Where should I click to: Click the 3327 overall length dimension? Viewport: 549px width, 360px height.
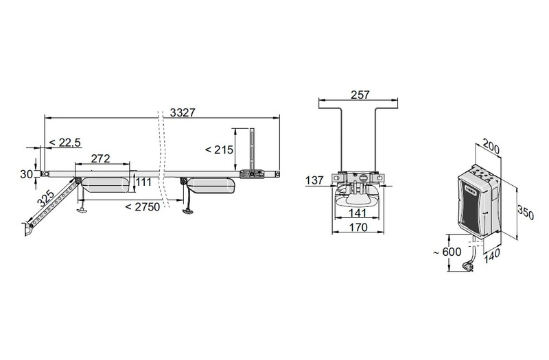point(183,112)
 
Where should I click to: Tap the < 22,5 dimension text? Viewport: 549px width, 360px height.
point(65,143)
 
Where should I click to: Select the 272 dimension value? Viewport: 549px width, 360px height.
point(100,158)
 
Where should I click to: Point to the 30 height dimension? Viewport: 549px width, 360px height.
point(26,174)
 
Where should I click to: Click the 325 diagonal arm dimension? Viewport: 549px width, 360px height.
point(45,198)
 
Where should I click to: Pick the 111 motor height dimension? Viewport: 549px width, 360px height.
point(143,182)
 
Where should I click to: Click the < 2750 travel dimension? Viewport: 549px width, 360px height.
point(143,207)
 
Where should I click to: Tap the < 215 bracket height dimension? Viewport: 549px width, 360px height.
point(219,149)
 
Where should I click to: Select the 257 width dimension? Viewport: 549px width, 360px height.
point(360,95)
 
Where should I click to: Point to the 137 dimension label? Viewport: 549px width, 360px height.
point(314,180)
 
